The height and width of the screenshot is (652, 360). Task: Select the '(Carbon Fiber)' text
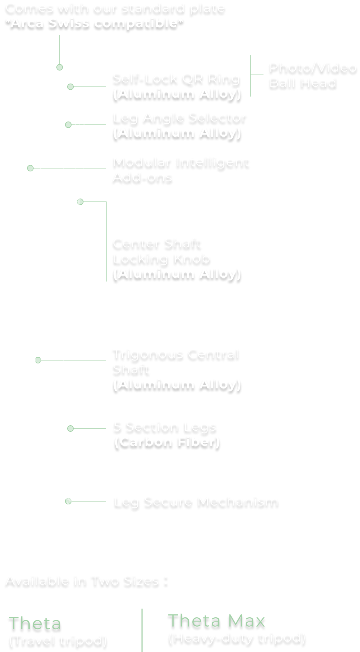[167, 442]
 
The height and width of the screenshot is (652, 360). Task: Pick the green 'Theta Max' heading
[216, 621]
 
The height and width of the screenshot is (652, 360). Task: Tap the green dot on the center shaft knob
[81, 202]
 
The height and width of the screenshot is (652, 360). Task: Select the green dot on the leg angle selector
[68, 125]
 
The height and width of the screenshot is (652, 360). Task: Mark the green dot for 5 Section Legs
[70, 429]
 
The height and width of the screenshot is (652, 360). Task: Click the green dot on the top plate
[60, 67]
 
